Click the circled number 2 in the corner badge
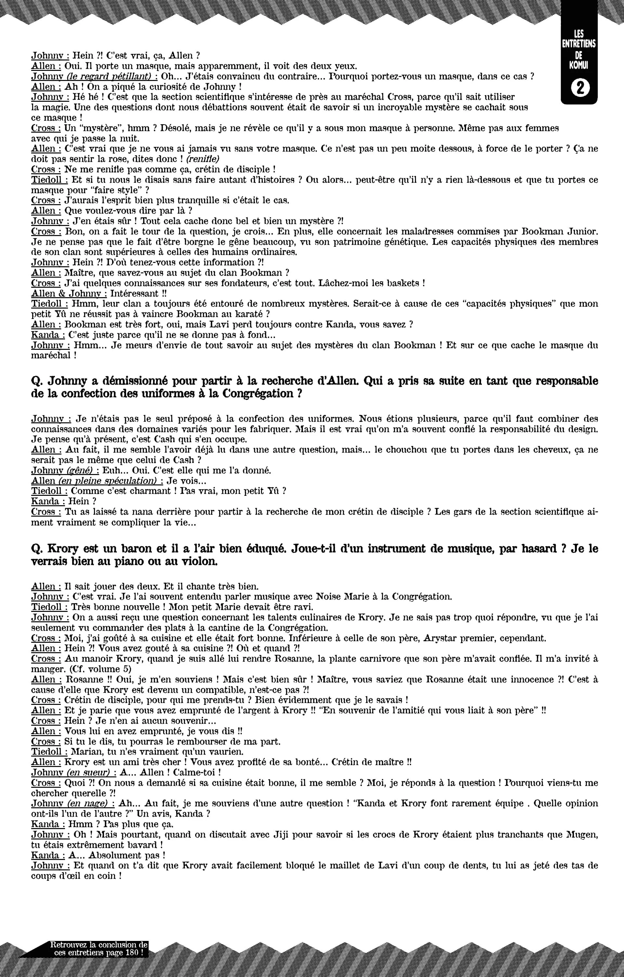coord(579,88)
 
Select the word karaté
coord(243,314)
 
